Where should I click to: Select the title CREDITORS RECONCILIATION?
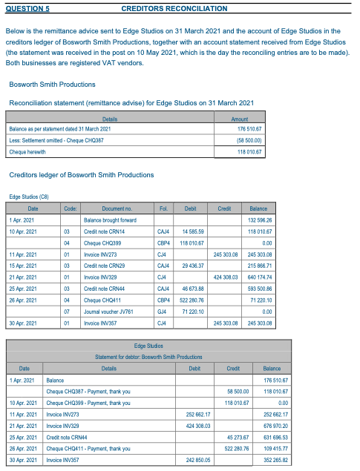coord(174,8)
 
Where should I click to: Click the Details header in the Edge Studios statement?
coord(108,369)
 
